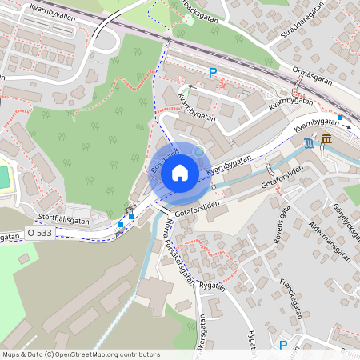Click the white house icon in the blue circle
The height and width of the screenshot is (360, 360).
tap(179, 172)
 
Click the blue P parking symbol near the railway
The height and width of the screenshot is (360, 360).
tap(213, 73)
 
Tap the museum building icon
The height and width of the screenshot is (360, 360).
tap(326, 142)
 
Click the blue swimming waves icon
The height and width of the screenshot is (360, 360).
tap(310, 143)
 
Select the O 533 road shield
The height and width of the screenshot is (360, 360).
tap(38, 233)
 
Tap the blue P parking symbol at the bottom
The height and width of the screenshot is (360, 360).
tap(282, 345)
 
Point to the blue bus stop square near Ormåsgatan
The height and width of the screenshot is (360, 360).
tap(340, 118)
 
